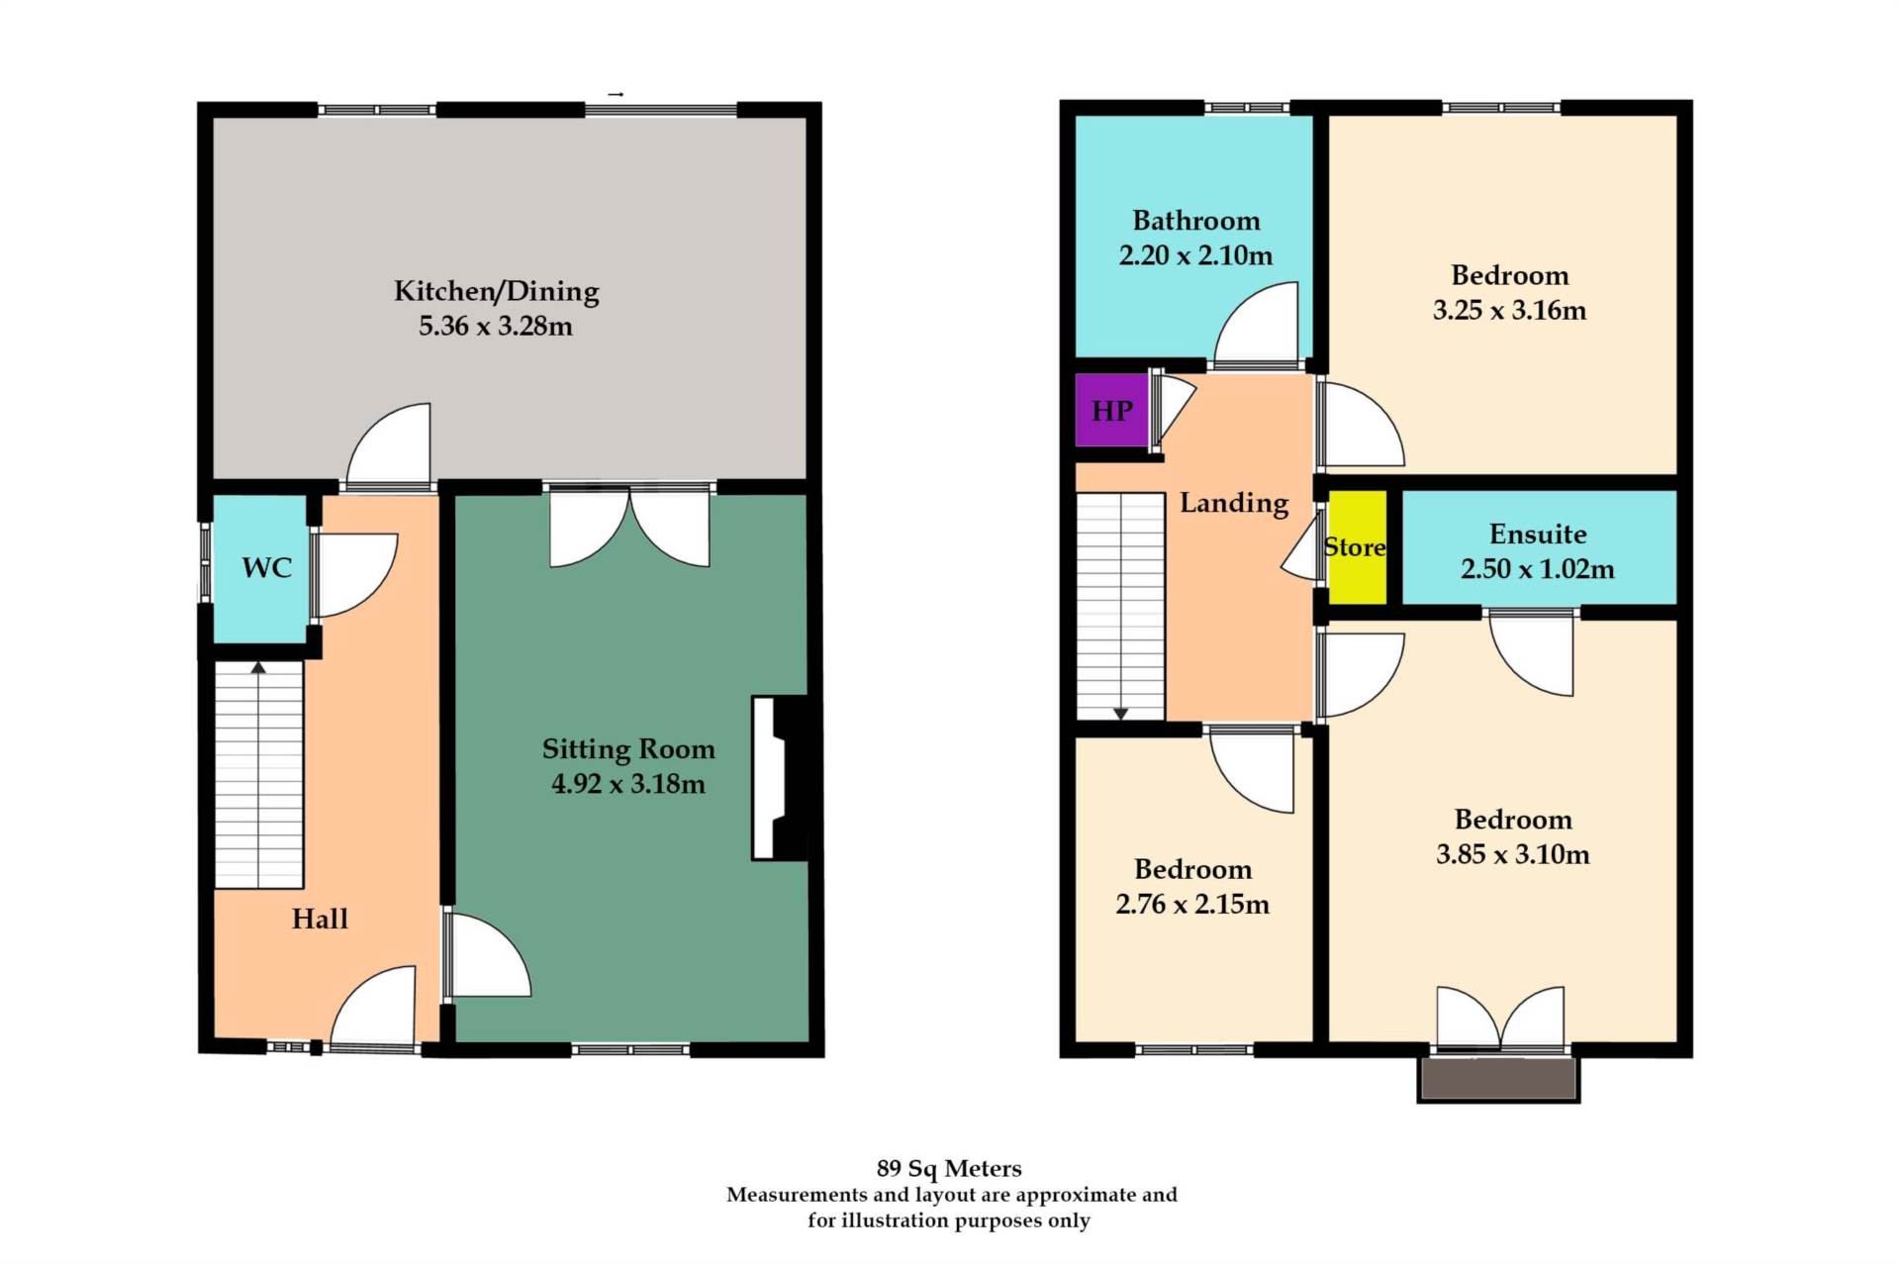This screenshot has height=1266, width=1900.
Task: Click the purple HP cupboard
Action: tap(1111, 410)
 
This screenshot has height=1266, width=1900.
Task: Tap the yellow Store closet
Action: tap(1356, 546)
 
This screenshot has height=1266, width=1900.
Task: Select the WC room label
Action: tap(266, 567)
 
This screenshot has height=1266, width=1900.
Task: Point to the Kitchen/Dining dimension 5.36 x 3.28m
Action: tap(495, 326)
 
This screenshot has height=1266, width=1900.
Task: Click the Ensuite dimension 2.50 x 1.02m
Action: tap(1537, 569)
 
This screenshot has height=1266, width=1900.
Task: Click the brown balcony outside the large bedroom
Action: tap(1497, 1079)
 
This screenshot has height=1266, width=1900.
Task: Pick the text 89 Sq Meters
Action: tap(948, 1169)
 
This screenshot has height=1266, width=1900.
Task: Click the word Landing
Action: tap(1234, 503)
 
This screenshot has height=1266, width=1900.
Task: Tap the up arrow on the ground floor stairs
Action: tap(258, 668)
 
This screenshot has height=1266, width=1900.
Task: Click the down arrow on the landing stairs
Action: tap(1120, 713)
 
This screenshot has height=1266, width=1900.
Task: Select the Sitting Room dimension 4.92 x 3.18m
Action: tap(627, 784)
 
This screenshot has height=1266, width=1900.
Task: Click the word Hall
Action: tap(320, 919)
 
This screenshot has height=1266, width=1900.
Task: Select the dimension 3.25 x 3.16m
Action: tap(1508, 311)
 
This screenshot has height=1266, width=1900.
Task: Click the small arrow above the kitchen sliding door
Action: tap(616, 94)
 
